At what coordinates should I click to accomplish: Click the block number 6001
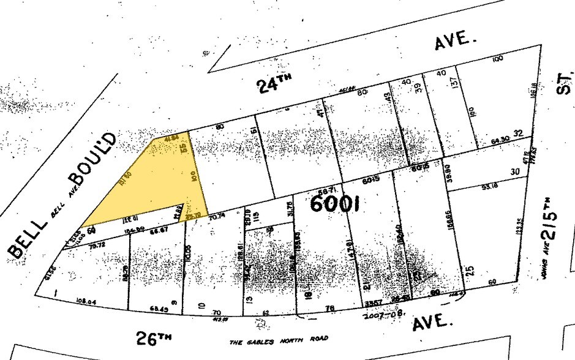pyautogui.click(x=334, y=203)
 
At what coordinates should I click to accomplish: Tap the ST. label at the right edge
pyautogui.click(x=565, y=84)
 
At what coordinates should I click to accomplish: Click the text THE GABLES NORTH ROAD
pyautogui.click(x=279, y=339)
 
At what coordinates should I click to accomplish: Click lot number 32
pyautogui.click(x=517, y=133)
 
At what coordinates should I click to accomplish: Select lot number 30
pyautogui.click(x=514, y=171)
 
